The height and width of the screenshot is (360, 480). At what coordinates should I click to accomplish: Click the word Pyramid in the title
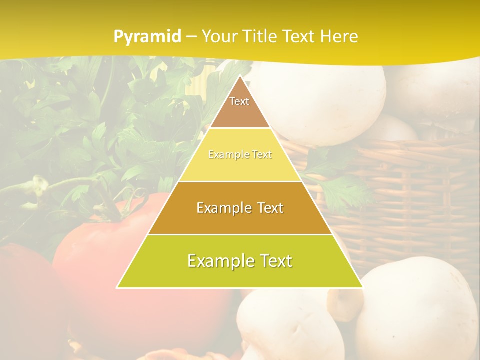tap(147, 37)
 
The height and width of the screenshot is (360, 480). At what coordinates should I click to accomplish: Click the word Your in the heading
tap(219, 36)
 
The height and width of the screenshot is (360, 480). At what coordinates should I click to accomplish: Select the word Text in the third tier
tap(268, 208)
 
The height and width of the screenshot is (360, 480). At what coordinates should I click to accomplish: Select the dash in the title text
tap(191, 36)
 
